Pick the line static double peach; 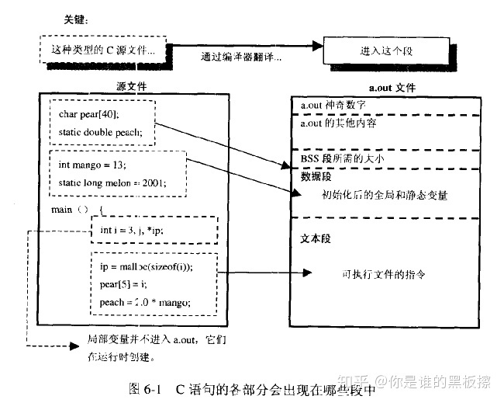click(x=101, y=131)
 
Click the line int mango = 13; click(x=93, y=165)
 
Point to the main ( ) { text click(x=76, y=210)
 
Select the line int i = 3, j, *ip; click(x=132, y=231)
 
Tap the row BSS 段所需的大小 click(x=342, y=158)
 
